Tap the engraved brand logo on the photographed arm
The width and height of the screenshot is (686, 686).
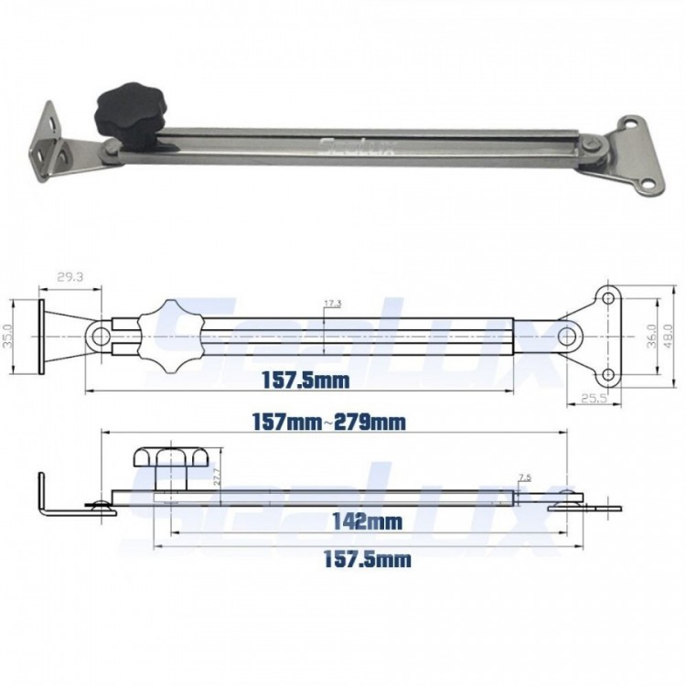click(x=356, y=146)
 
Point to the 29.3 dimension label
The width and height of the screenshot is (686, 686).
click(x=70, y=276)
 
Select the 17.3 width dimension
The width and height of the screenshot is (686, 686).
click(x=332, y=303)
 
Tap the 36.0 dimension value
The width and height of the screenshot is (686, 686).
click(x=651, y=337)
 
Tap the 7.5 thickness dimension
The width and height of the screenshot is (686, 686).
click(x=523, y=477)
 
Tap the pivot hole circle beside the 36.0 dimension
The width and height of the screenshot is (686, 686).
click(x=568, y=337)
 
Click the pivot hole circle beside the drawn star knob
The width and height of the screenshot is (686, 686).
click(x=99, y=337)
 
